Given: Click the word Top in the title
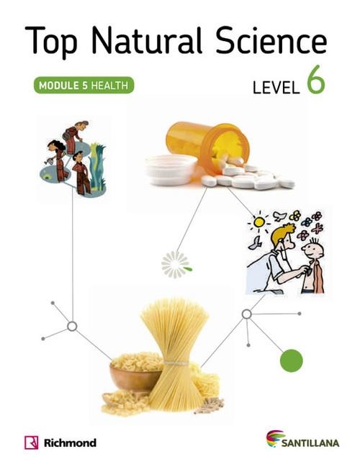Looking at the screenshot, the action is point(51,42).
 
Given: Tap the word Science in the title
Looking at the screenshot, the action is point(271,40).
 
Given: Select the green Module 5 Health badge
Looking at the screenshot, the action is point(84,86).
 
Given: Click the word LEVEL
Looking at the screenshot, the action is point(276,88).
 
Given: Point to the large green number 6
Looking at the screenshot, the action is point(315,80).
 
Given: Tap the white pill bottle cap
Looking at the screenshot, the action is point(171,170).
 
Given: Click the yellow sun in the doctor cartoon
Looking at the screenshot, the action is point(259,222).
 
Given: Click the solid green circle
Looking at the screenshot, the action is point(292,360).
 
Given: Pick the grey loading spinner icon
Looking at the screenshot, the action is point(176,265).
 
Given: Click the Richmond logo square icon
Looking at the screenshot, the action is point(32,442).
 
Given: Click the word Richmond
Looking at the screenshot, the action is point(70,442).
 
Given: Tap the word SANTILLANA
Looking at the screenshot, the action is point(310,443).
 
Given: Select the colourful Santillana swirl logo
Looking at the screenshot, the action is point(275,438).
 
